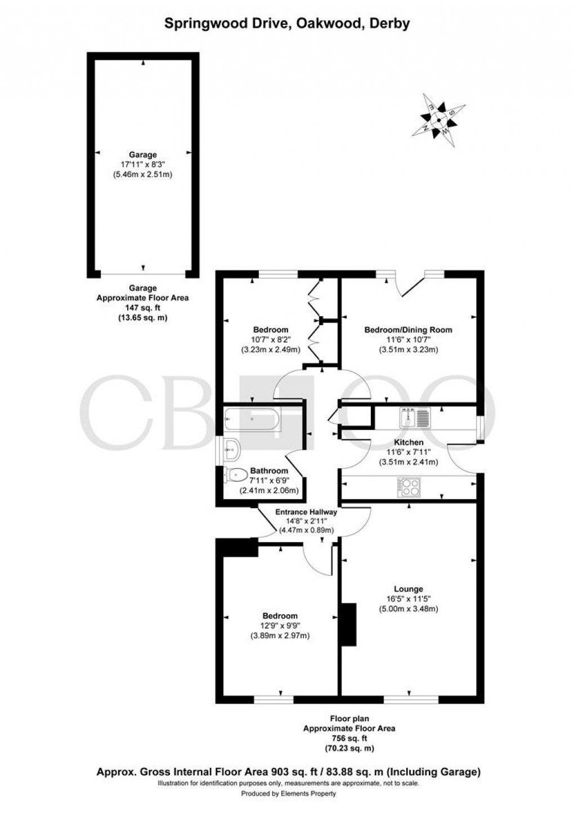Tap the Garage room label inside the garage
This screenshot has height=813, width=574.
coord(143,154)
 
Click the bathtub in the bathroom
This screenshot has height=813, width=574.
coord(251,419)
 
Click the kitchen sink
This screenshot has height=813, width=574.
coord(415,417)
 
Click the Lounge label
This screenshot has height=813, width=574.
coord(409,589)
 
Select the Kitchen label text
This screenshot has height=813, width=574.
coord(409,442)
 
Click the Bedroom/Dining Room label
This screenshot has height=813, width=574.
coord(408,330)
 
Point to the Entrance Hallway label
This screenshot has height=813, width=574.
coord(306,512)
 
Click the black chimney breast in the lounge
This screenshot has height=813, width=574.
coord(349,624)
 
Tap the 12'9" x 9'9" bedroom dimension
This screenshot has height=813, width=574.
coord(280,626)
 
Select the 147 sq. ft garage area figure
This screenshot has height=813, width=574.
coord(143,308)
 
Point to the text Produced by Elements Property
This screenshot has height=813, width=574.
coord(288,794)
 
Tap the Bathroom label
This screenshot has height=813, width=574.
coord(269,470)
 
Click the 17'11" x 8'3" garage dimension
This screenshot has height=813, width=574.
coord(143,165)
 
